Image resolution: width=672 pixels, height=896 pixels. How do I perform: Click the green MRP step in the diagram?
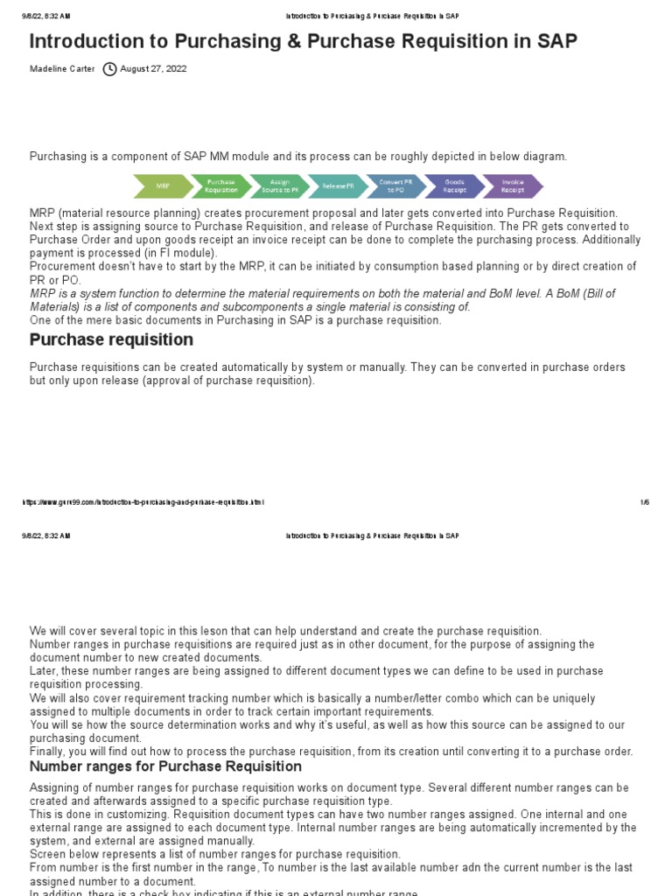point(163,186)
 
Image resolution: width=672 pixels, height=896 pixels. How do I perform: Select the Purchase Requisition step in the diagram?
point(220,186)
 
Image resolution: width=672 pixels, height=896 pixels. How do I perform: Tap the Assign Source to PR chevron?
point(279,186)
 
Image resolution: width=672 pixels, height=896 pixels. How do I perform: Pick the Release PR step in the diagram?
point(338,186)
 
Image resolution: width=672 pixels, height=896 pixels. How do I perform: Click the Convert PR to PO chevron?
point(396,186)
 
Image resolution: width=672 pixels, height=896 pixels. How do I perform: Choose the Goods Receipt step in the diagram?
point(454,186)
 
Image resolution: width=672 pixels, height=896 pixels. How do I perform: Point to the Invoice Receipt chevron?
point(513,186)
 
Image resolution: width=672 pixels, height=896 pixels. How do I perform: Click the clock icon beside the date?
point(109,69)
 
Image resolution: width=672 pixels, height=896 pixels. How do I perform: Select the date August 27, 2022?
point(153,69)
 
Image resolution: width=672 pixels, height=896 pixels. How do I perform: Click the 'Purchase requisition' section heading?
point(111,339)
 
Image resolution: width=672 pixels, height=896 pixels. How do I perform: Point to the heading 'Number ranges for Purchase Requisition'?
point(165,766)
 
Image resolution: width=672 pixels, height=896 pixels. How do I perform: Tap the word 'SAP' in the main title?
point(553,41)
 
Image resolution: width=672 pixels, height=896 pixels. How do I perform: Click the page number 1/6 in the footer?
point(644,502)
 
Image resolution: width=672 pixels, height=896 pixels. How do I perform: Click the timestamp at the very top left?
point(45,16)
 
